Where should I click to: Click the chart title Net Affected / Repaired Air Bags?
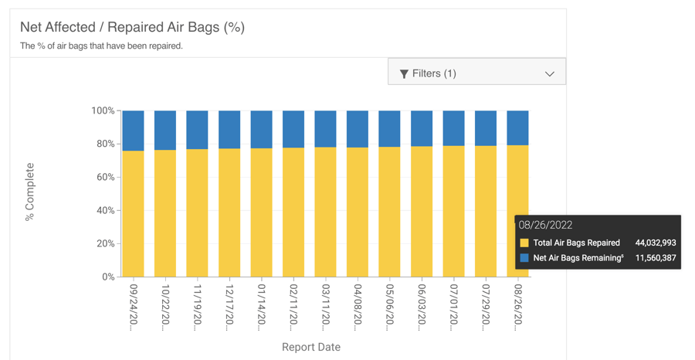pos(132,27)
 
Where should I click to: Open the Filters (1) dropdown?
pos(476,73)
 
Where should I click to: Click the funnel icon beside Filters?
pos(404,73)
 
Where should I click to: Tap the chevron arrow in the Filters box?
pos(549,74)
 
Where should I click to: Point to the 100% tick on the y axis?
pos(103,111)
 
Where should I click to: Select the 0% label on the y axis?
pos(107,277)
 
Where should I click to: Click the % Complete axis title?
pos(30,192)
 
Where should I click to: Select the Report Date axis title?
pos(310,347)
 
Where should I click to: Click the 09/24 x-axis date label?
pos(134,304)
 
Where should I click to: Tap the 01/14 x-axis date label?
pos(262,304)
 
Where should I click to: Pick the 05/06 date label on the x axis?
pos(390,304)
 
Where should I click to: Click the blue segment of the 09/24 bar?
pos(134,131)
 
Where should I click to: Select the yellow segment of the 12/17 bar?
pos(229,212)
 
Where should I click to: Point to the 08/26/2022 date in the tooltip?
pos(546,226)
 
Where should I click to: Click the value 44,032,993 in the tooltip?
pos(655,243)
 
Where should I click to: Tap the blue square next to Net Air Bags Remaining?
pos(524,258)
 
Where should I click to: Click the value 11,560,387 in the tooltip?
pos(655,258)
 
